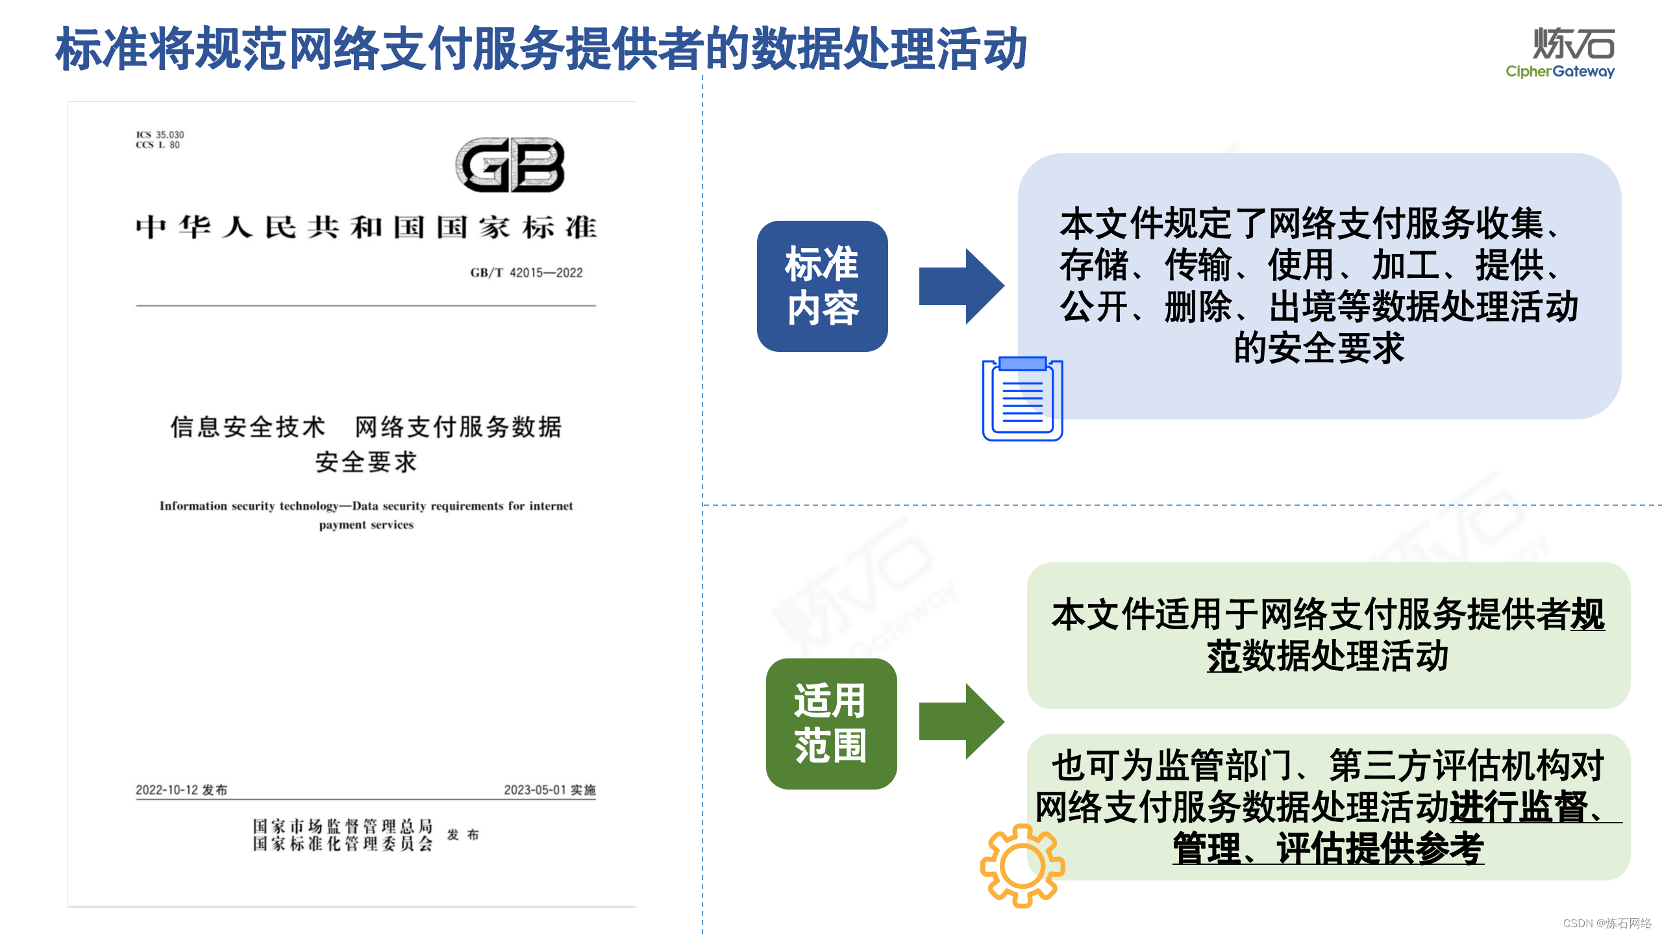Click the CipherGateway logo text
(1559, 71)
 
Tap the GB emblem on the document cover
(510, 165)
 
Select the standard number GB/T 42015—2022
(527, 273)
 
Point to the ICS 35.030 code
(160, 134)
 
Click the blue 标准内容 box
(822, 286)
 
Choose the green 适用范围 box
(831, 723)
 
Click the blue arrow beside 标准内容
(961, 286)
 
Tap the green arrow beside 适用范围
(961, 721)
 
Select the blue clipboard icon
(1023, 399)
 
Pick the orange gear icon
(1022, 866)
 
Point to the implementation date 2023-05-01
(535, 790)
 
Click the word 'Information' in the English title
(193, 506)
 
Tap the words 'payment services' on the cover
(366, 525)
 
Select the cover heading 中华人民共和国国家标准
(366, 227)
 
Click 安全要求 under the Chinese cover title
(366, 462)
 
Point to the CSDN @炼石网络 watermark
(1607, 923)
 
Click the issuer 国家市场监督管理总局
(342, 826)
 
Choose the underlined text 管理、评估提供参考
(1328, 848)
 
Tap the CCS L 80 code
(158, 145)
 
